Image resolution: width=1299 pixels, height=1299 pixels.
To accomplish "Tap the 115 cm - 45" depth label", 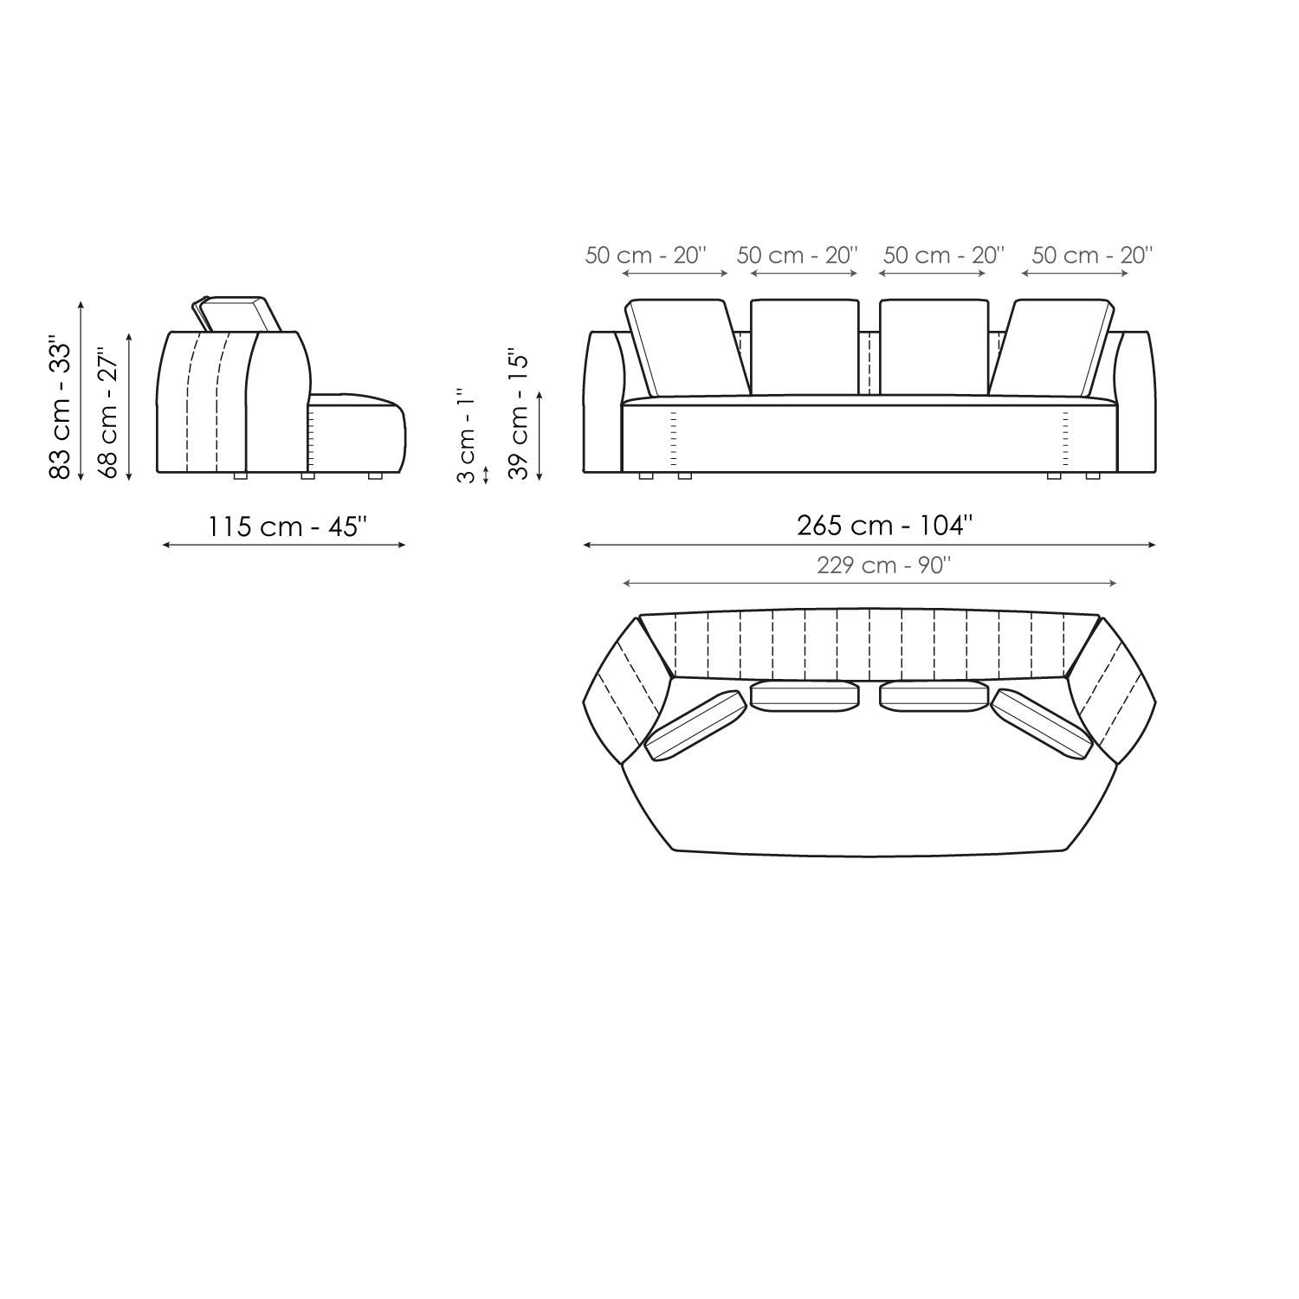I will click(287, 526).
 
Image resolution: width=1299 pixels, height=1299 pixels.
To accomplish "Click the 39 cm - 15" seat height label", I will click(518, 414).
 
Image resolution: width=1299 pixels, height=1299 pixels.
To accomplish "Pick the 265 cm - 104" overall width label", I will click(884, 525).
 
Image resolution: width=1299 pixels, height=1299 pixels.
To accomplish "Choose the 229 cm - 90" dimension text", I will click(883, 565).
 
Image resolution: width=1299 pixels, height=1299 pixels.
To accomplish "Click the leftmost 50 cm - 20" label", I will click(645, 255).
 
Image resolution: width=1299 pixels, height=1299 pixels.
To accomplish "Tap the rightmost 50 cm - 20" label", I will click(1092, 255).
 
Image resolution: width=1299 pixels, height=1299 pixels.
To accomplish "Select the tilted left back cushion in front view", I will click(687, 347).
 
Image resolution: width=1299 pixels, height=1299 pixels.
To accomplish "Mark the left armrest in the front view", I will click(603, 403).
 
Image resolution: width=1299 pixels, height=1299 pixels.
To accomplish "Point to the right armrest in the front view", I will click(1136, 403).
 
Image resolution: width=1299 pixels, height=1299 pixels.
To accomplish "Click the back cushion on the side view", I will click(236, 313).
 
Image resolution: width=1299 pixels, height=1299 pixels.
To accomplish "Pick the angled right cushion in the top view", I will click(1042, 725).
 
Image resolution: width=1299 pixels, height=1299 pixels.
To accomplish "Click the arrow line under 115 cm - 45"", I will click(284, 545).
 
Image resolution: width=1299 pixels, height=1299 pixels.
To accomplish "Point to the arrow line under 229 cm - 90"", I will click(869, 584).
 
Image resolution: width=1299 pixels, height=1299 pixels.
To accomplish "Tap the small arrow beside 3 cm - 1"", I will click(486, 475).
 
